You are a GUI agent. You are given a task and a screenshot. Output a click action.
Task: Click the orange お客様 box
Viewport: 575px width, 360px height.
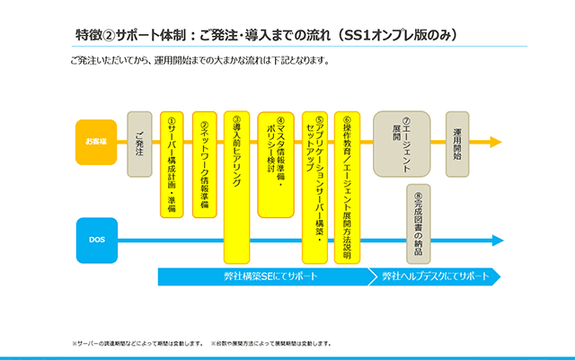95,142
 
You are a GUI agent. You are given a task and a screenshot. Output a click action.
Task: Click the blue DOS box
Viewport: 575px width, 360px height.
95,241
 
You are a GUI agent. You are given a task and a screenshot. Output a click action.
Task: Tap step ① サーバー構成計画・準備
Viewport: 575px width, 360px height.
172,164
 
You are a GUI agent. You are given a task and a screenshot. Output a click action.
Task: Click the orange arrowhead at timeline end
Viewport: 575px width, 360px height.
496,142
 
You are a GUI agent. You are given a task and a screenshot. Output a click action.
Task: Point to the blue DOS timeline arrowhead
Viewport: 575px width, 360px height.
496,241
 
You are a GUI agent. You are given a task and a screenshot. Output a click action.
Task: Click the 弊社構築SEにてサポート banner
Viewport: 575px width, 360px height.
265,277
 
